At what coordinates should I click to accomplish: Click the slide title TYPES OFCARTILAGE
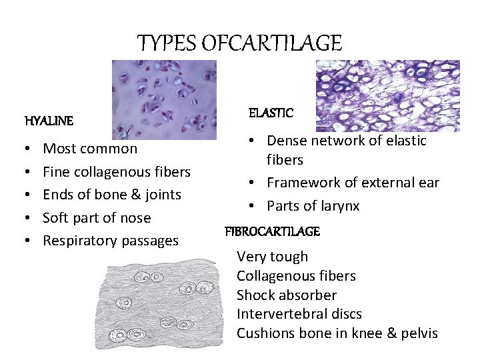[x=239, y=43]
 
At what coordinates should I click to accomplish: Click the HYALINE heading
[x=49, y=121]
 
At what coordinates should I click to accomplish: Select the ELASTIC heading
[x=271, y=113]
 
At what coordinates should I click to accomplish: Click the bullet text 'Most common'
[x=90, y=149]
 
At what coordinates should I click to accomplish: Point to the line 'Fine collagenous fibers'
[x=117, y=172]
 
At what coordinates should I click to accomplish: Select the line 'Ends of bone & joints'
[x=112, y=195]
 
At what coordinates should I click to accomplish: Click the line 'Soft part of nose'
[x=97, y=218]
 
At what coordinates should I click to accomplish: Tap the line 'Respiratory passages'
[x=111, y=241]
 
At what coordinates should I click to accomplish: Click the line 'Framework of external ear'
[x=353, y=183]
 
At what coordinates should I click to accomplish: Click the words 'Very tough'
[x=273, y=257]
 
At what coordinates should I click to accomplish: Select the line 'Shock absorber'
[x=287, y=295]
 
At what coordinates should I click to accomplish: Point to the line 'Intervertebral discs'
[x=299, y=314]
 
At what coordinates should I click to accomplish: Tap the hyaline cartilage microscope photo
[x=164, y=99]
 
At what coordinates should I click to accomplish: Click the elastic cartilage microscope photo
[x=387, y=95]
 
